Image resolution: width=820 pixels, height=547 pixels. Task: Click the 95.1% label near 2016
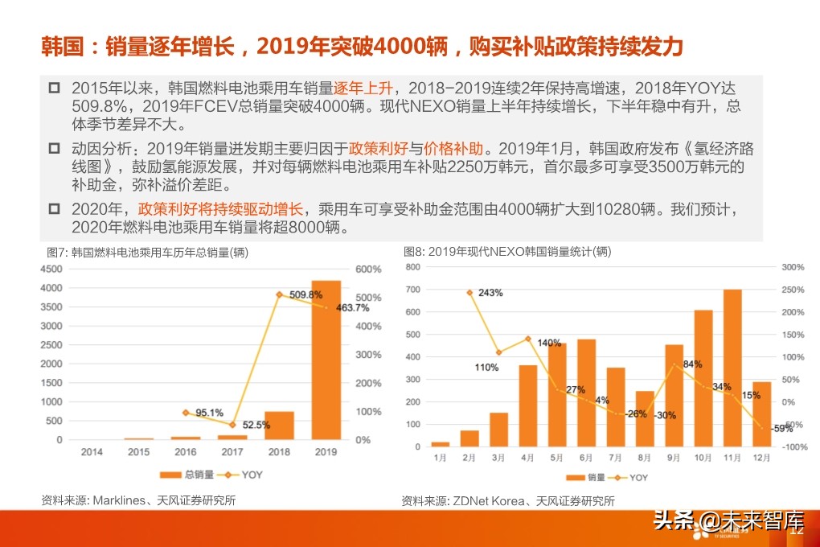(209, 413)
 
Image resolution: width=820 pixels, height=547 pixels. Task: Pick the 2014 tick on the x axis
(92, 452)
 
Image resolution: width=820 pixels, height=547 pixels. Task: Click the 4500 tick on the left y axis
(51, 269)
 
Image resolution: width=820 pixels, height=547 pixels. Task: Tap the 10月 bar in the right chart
(703, 378)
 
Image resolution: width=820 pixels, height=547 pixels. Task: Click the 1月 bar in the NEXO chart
(440, 444)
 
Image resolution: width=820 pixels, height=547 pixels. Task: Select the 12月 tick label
(761, 458)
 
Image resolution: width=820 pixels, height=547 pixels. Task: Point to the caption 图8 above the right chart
(414, 252)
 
